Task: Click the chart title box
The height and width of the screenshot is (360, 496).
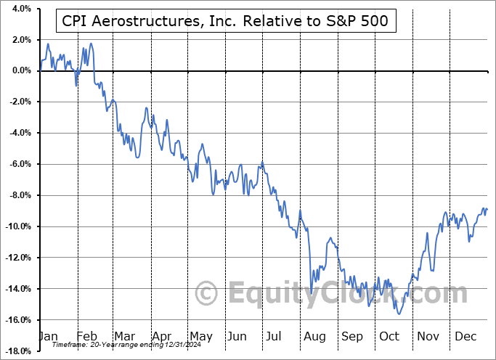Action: (226, 22)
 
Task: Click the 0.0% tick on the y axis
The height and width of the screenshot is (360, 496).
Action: (19, 70)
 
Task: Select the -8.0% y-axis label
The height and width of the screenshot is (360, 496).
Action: (17, 195)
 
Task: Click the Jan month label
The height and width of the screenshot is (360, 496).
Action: (49, 336)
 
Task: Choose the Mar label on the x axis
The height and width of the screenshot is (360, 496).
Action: (125, 336)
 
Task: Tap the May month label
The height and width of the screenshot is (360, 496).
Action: (200, 336)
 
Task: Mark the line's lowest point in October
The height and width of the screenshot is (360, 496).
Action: (398, 314)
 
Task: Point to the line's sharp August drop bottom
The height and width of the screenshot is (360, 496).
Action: (311, 293)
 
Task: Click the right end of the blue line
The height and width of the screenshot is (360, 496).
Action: (487, 209)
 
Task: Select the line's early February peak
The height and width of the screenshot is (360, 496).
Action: (90, 44)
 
